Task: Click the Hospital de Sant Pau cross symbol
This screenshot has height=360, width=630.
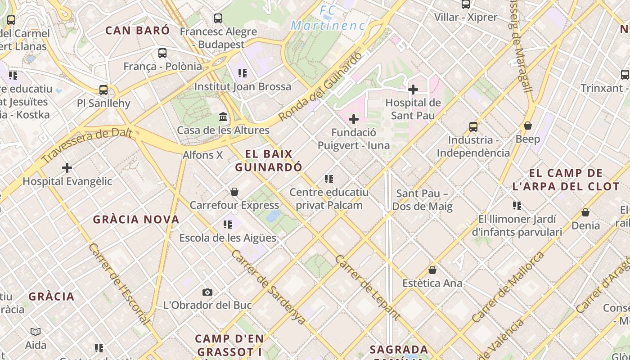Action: click(413, 90)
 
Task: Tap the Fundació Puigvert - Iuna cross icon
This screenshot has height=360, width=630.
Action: click(354, 119)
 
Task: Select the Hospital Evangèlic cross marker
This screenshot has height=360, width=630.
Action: click(67, 168)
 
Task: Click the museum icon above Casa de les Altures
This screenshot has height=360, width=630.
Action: click(223, 117)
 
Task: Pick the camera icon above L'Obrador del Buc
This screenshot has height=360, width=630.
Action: click(207, 292)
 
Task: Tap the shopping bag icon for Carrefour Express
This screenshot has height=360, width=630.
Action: click(234, 192)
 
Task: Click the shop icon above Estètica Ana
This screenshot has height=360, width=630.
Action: click(432, 270)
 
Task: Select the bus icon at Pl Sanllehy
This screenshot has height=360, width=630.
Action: click(103, 90)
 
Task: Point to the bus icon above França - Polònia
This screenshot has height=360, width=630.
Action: click(162, 53)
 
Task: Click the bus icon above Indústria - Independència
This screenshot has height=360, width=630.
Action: click(473, 127)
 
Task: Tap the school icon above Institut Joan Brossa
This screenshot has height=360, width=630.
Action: click(243, 73)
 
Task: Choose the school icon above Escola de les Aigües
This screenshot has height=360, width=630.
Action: click(227, 224)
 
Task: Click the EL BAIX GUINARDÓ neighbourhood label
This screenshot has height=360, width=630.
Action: click(269, 160)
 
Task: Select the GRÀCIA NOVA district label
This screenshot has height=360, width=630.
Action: click(136, 220)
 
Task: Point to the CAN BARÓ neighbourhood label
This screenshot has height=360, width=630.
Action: click(137, 31)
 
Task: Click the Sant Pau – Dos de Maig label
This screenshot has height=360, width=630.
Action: click(422, 200)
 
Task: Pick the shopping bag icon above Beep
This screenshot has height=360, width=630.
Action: click(527, 126)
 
